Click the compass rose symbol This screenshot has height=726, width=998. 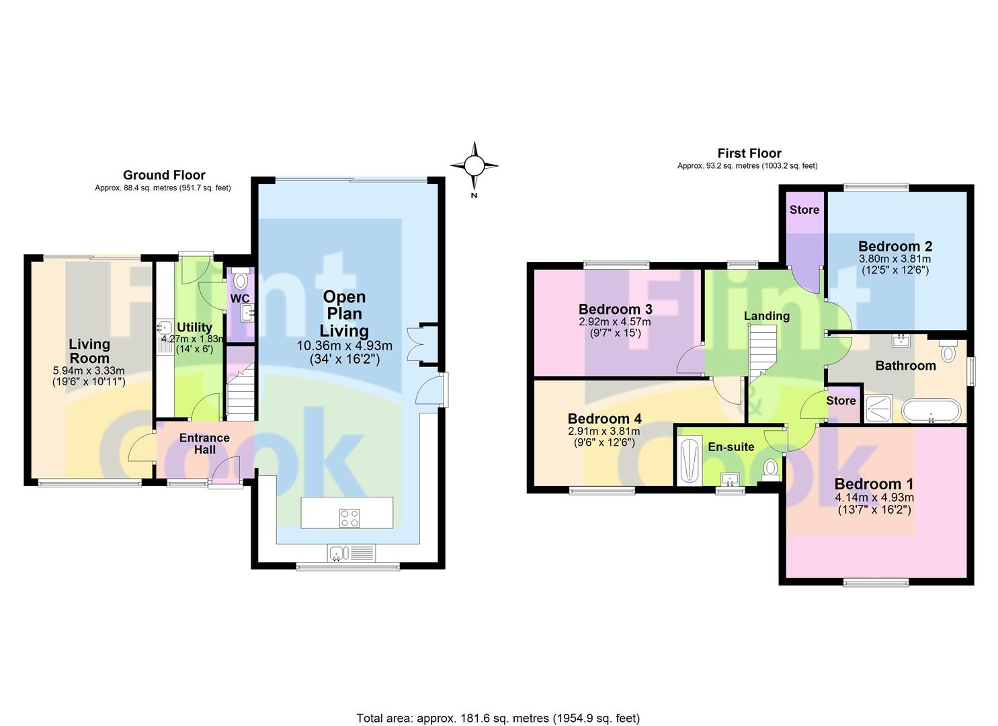[474, 166]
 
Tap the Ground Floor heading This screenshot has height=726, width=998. [164, 175]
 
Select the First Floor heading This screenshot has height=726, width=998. [749, 153]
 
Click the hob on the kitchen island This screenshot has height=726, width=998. [349, 518]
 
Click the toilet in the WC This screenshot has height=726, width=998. [241, 279]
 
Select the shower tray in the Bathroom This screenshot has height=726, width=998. [878, 408]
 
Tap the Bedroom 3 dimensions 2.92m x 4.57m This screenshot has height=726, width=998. [614, 322]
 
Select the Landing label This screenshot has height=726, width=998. [767, 316]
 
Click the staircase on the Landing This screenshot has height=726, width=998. [762, 354]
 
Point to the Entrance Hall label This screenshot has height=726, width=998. [204, 444]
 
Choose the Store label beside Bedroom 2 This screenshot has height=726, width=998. [804, 210]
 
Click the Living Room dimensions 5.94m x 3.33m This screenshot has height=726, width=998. [89, 370]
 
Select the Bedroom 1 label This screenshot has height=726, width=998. [874, 483]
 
